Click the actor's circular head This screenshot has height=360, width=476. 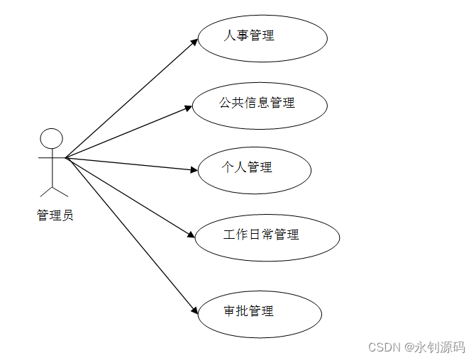click(51, 140)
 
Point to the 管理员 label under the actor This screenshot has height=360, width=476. click(55, 215)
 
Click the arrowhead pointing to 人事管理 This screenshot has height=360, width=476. click(194, 42)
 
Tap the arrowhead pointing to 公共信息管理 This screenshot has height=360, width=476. click(189, 108)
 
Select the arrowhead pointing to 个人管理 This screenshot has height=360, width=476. click(193, 170)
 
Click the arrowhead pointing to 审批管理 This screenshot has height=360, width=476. click(193, 310)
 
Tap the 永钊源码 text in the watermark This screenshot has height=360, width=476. click(445, 347)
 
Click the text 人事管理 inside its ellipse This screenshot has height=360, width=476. click(249, 35)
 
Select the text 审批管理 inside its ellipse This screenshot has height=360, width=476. click(248, 310)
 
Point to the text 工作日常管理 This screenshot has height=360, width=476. click(261, 235)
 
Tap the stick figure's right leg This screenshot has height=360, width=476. click(60, 190)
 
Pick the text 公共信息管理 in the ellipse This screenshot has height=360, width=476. click(257, 103)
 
